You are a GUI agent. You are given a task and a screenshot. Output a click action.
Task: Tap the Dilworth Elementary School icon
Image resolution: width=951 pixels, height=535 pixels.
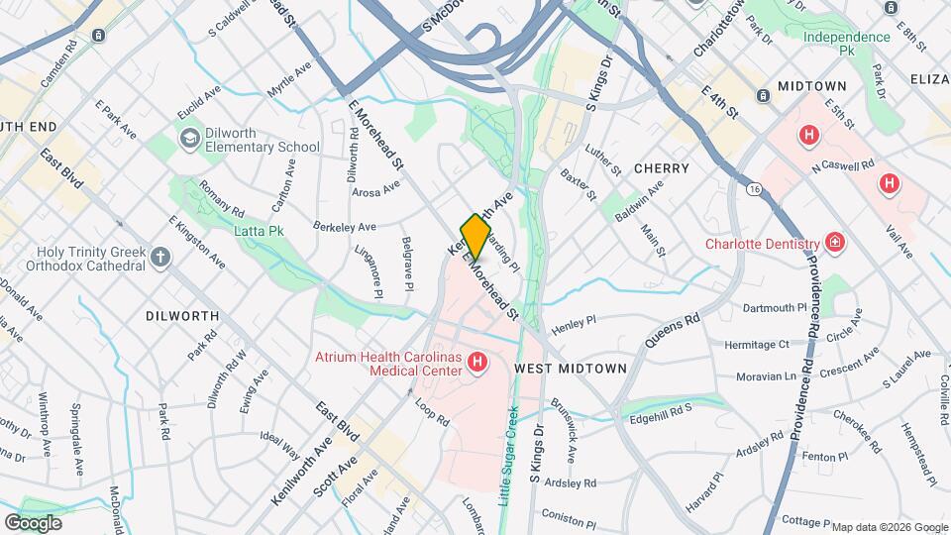pyautogui.click(x=188, y=138)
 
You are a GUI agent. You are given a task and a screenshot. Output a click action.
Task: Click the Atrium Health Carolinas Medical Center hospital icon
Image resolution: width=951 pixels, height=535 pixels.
pyautogui.click(x=477, y=364)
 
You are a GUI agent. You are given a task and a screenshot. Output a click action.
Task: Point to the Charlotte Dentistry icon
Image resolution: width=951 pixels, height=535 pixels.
pyautogui.click(x=835, y=243)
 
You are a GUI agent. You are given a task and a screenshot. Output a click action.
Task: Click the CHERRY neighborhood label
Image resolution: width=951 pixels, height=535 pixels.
pyautogui.click(x=661, y=168)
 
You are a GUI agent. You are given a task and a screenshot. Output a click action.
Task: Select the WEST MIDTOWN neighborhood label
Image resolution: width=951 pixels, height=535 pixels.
pyautogui.click(x=571, y=368)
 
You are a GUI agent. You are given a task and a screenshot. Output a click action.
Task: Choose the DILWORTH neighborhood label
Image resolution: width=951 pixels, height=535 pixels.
pyautogui.click(x=181, y=315)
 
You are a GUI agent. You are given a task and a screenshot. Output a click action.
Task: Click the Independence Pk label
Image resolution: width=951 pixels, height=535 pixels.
pyautogui.click(x=847, y=44)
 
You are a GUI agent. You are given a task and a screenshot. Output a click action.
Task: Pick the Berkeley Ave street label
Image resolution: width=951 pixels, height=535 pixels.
pyautogui.click(x=346, y=226)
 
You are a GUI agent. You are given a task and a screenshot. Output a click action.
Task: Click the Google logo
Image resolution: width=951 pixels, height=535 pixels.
pyautogui.click(x=33, y=522)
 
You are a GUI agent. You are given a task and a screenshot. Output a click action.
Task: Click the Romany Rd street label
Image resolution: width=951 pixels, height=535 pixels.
pyautogui.click(x=221, y=197)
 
